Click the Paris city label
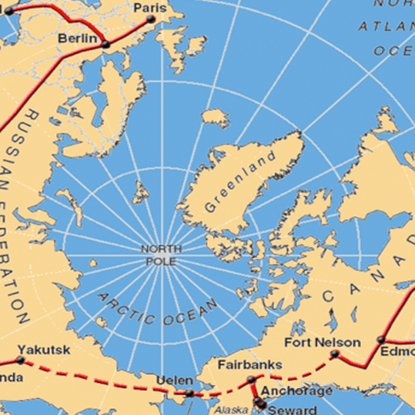(149, 8)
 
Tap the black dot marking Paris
(151, 19)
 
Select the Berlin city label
(78, 38)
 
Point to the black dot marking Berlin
(105, 44)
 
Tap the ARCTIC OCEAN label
(158, 309)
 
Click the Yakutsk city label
(44, 350)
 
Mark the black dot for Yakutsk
(20, 359)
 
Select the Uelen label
(174, 380)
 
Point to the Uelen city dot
(190, 393)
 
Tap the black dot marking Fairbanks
(251, 379)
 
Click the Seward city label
(293, 409)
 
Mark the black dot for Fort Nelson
(334, 354)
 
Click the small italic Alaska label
(231, 410)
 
